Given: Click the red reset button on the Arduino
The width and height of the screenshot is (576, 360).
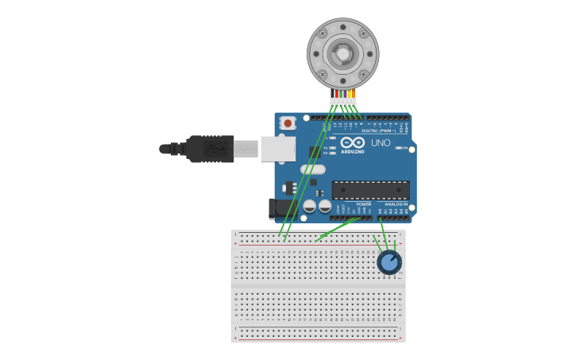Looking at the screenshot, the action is tap(288, 123).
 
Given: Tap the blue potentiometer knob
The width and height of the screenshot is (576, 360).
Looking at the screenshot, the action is tap(389, 261).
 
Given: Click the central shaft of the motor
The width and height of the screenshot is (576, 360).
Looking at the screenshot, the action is tap(343, 53).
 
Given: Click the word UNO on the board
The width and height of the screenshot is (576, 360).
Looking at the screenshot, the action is tap(381, 143).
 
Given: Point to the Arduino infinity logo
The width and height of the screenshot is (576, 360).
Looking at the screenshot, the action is tap(352, 142).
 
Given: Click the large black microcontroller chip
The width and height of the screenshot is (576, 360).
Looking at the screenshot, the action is tap(370, 190).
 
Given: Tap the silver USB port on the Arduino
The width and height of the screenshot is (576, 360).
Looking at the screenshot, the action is tap(278, 149).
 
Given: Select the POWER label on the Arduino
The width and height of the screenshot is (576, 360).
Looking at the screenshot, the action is tap(364, 204).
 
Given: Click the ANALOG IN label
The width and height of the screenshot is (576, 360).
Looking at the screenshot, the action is tap(396, 204).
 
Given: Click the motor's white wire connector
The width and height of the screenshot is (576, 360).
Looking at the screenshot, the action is tap(343, 102).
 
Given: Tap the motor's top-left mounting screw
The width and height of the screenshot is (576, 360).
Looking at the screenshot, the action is tap(323, 33).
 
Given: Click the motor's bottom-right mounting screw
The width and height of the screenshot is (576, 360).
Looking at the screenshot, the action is tap(364, 75).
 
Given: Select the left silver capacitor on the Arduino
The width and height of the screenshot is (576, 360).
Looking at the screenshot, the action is tap(310, 207).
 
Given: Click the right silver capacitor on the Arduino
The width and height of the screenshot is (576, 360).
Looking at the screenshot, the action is tap(325, 207).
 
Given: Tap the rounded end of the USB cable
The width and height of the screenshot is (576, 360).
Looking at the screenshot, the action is tap(164, 149).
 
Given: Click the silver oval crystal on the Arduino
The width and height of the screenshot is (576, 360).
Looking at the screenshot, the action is tap(313, 169).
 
